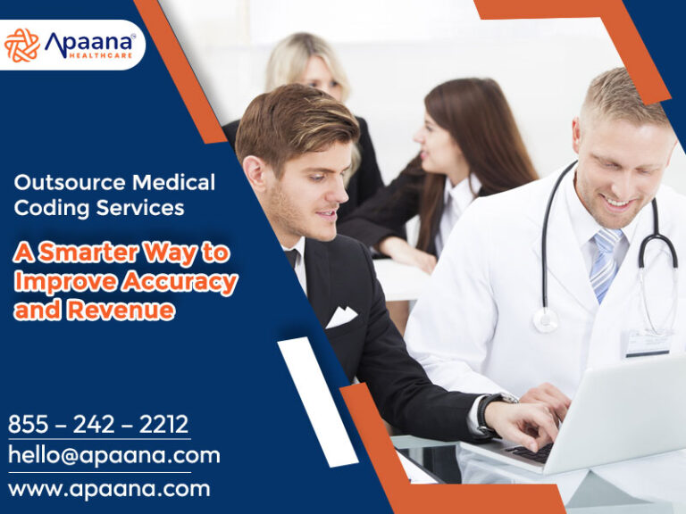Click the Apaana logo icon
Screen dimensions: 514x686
[21, 46]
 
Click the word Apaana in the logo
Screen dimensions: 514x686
[89, 42]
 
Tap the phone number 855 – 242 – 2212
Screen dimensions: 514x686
[98, 424]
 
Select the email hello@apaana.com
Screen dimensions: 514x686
[114, 455]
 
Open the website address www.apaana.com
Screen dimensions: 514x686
[109, 489]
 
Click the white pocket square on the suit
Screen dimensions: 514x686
[341, 316]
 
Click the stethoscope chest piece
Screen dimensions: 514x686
[544, 319]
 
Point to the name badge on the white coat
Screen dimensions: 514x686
[648, 342]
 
